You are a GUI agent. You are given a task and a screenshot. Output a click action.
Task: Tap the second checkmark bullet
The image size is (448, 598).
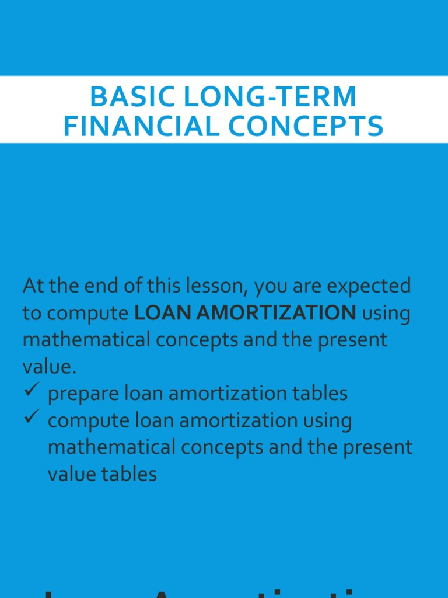32,417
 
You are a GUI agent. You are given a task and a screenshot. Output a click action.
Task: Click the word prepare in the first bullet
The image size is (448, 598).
83,394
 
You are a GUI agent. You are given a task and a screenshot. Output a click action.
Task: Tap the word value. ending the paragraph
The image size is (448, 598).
49,367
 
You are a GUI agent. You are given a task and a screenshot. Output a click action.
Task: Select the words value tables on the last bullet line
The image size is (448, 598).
102,474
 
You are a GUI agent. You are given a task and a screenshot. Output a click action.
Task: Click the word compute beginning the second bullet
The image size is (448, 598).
83,420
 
